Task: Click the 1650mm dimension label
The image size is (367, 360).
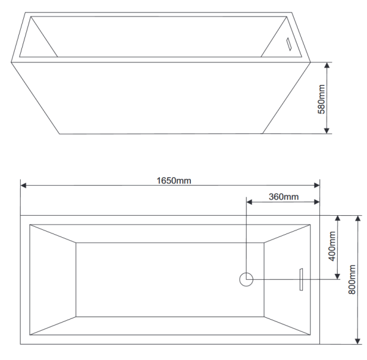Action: (x=174, y=180)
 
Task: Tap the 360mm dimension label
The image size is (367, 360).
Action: (x=283, y=197)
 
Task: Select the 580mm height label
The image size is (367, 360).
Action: (x=321, y=99)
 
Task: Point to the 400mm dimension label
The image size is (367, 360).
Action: (x=332, y=246)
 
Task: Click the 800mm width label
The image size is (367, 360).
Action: (x=352, y=279)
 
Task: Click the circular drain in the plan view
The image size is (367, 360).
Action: (x=247, y=279)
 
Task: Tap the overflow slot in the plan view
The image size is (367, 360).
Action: (x=301, y=279)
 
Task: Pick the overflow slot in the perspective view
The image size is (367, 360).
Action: (x=289, y=44)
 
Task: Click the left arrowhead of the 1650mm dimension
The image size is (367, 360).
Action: (x=23, y=185)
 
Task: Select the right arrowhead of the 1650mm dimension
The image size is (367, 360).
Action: (x=317, y=185)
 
